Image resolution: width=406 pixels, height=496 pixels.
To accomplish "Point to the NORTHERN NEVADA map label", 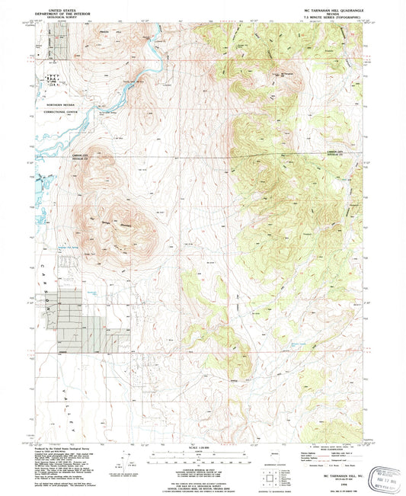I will (66, 103).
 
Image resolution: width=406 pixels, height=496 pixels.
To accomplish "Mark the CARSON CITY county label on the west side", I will (84, 155).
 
